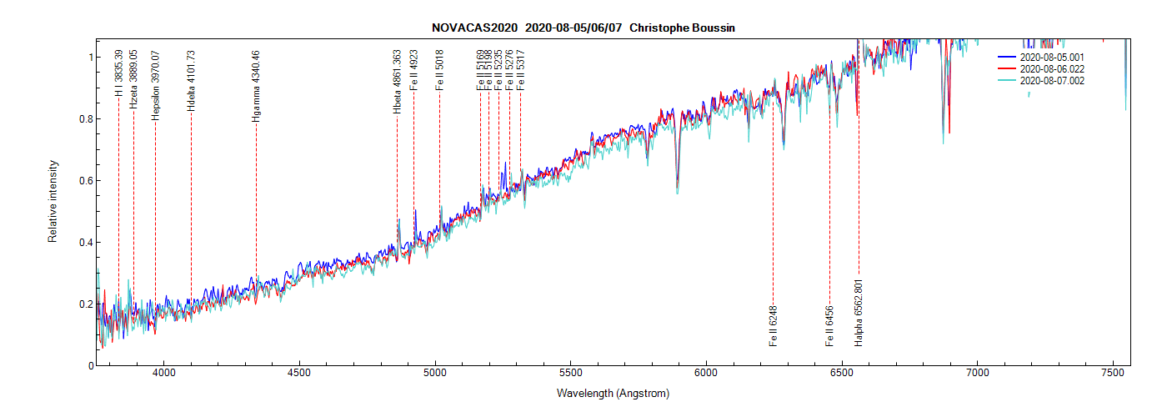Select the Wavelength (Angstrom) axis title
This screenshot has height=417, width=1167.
click(613, 394)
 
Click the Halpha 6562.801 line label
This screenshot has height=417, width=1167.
click(859, 312)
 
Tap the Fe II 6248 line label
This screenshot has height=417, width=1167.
click(774, 326)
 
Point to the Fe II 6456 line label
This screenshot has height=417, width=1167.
click(829, 326)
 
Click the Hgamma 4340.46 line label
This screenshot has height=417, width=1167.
click(256, 87)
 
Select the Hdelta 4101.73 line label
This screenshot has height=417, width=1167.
click(191, 82)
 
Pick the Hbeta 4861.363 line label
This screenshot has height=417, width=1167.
click(397, 82)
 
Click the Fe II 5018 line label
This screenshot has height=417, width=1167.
click(439, 70)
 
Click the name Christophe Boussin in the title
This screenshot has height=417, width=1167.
click(682, 28)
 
